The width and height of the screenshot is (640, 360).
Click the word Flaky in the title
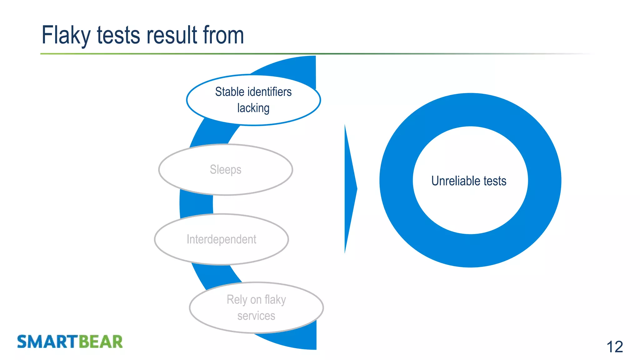(x=66, y=35)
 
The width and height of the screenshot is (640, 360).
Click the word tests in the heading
(x=118, y=35)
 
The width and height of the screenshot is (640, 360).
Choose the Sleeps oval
(x=225, y=170)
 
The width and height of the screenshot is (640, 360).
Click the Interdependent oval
(x=221, y=239)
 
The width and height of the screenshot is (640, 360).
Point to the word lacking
(x=253, y=108)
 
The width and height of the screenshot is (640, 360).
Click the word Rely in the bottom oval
(x=237, y=300)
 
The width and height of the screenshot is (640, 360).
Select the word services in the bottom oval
(x=256, y=316)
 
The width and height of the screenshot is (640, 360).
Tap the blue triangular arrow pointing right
(x=349, y=189)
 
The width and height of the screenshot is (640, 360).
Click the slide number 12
(x=614, y=347)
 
